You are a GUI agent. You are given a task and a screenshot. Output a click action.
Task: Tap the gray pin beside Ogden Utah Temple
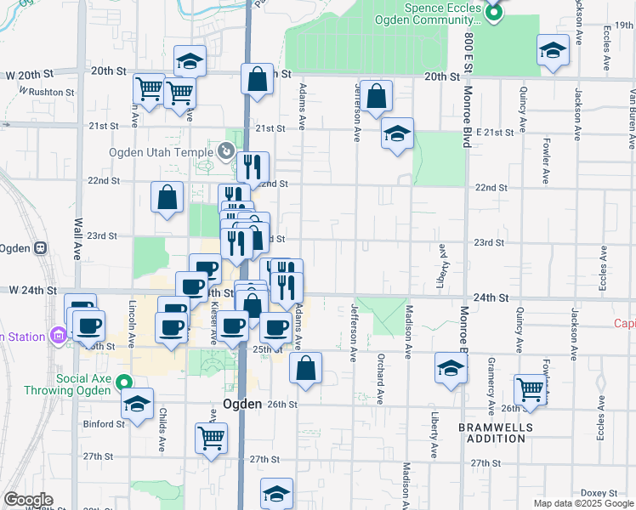(225, 151)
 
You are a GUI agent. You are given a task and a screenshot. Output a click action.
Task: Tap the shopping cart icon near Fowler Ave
(531, 389)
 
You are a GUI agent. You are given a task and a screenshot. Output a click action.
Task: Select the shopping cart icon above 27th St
(211, 439)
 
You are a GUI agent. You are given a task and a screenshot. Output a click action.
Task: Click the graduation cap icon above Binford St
(135, 405)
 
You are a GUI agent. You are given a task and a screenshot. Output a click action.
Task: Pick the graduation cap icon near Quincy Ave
(553, 50)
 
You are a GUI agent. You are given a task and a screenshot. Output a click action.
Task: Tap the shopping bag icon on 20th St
(257, 80)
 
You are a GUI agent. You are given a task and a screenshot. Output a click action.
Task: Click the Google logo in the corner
(29, 500)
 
